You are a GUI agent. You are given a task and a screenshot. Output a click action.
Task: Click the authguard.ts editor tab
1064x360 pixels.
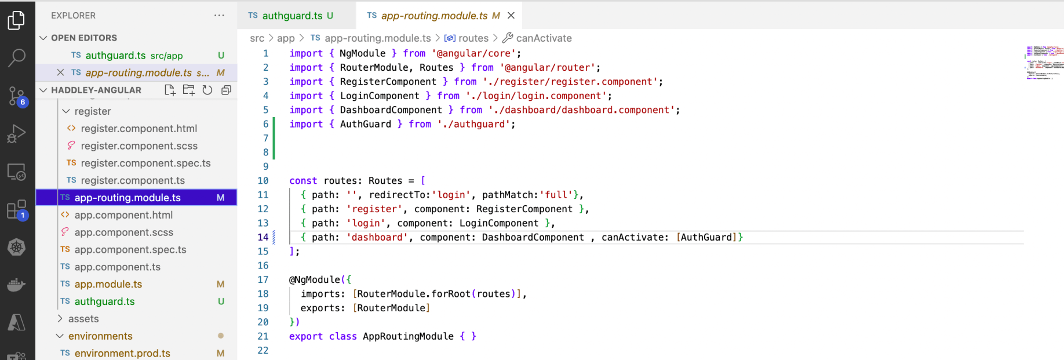tap(291, 16)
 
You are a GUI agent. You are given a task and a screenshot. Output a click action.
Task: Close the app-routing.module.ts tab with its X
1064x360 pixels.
tap(511, 16)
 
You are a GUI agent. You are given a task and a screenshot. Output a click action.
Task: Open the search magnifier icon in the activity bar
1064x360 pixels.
tap(16, 57)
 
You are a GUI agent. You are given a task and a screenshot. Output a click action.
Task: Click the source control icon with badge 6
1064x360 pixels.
tap(16, 96)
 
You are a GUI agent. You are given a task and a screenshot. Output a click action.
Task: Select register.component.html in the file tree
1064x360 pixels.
tap(139, 129)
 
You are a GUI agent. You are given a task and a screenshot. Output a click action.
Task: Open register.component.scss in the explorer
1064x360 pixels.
tap(139, 146)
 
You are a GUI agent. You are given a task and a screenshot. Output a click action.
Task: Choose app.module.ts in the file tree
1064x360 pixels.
tap(108, 285)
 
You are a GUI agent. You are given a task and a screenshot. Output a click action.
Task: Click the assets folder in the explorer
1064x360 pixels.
tap(83, 319)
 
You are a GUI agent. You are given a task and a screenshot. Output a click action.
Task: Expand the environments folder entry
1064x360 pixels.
tap(100, 336)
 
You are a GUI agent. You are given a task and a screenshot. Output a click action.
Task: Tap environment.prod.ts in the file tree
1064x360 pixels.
tap(122, 354)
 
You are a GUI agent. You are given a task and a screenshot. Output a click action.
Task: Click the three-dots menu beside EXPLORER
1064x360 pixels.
tap(219, 16)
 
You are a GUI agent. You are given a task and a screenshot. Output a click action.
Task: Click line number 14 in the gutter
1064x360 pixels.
tap(263, 237)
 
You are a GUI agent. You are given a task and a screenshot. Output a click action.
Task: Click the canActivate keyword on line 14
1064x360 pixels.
tap(635, 237)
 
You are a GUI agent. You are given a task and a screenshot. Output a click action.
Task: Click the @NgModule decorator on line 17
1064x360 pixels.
tap(315, 280)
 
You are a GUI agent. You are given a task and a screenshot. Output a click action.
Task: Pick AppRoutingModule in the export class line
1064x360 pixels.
tap(408, 336)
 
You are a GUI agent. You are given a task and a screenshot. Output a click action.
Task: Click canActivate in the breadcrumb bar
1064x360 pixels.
tap(544, 38)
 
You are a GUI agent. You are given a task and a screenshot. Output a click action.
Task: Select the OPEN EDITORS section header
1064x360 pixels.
tap(84, 38)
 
